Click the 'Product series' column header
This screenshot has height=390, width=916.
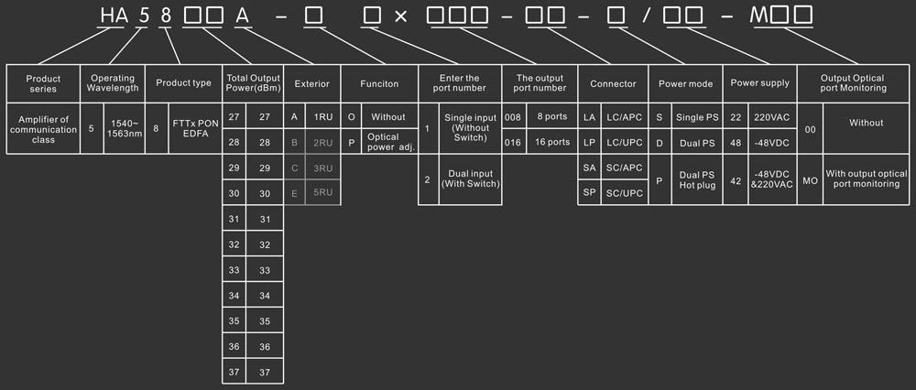43,83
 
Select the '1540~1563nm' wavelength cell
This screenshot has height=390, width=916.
124,129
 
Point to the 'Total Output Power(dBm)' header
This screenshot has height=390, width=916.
252,83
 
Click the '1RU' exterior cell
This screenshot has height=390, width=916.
323,117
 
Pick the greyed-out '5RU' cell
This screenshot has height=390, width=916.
323,194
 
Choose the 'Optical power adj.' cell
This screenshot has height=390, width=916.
390,142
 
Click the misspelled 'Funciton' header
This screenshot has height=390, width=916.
379,83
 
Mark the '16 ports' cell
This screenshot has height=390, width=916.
551,142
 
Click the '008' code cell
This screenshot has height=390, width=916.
514,117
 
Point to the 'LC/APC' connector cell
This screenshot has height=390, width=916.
625,117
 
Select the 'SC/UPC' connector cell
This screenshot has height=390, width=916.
625,194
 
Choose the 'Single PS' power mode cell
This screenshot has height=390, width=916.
698,117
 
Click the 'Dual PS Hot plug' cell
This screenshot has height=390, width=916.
698,180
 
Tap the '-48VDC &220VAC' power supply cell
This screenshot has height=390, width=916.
772,180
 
